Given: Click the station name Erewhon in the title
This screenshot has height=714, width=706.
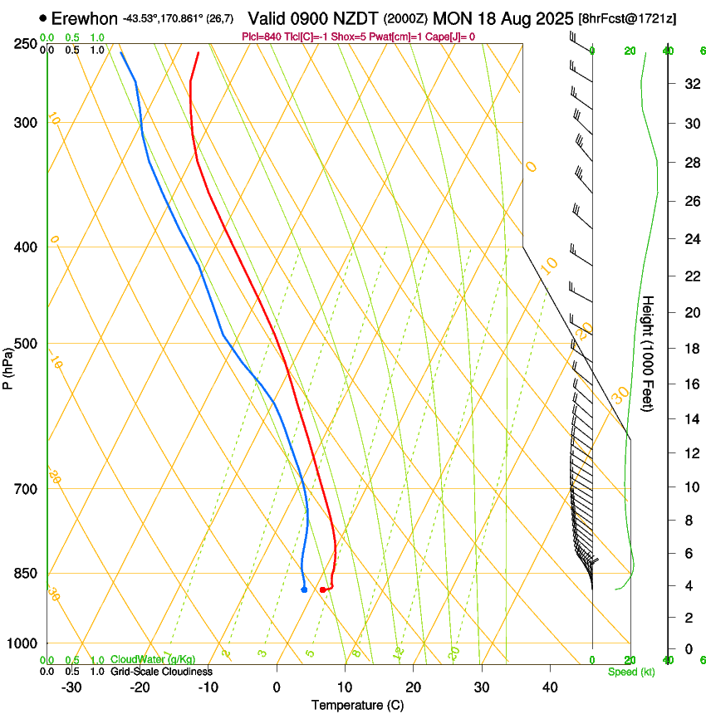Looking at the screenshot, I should (x=84, y=18).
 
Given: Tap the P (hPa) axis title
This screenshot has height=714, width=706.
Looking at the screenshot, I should (x=8, y=365).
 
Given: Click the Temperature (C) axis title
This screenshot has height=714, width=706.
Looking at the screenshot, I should (x=357, y=705).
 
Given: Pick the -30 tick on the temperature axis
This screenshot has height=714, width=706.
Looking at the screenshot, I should (x=71, y=687).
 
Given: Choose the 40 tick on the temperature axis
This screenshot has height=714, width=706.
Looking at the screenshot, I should (x=550, y=687).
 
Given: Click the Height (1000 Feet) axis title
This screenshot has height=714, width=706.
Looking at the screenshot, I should (x=649, y=353).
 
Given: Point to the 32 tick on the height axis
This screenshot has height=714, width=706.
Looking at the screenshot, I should (x=690, y=84).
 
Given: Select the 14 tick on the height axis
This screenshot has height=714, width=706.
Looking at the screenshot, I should (x=690, y=420).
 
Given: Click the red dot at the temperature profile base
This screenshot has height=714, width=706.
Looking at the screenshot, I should (x=322, y=589).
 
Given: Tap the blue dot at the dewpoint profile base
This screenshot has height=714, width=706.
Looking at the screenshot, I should (x=304, y=589).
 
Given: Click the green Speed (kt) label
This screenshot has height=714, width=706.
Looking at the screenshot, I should (x=630, y=672).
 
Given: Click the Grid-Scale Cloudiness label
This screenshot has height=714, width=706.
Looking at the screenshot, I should (x=161, y=672).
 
